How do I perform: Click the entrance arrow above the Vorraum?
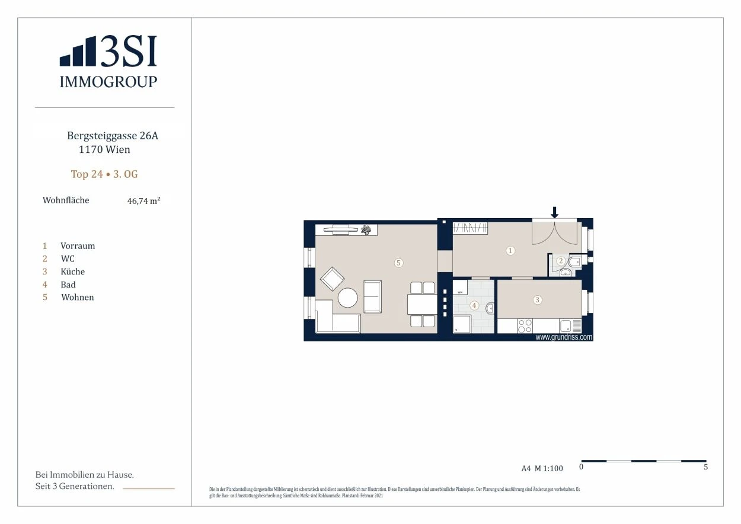(554, 212)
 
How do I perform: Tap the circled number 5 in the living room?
(398, 263)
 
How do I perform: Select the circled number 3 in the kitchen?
(537, 300)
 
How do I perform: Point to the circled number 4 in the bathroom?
(474, 305)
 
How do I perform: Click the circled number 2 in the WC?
(561, 261)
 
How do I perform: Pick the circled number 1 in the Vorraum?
(510, 251)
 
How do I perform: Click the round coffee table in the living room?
(347, 298)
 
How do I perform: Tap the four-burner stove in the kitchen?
(525, 326)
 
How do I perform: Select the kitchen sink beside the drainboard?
(565, 326)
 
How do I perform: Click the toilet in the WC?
(574, 263)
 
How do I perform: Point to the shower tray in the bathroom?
(462, 324)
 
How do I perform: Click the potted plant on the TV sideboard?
(366, 229)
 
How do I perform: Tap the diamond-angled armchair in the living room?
(332, 279)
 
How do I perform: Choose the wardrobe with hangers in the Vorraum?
(470, 228)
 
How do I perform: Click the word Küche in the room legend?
(73, 271)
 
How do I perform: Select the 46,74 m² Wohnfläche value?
(144, 201)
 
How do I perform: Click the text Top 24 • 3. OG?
(104, 174)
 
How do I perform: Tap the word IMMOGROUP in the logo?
(108, 82)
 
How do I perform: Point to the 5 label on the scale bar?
(705, 467)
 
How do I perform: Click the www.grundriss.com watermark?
(564, 337)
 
